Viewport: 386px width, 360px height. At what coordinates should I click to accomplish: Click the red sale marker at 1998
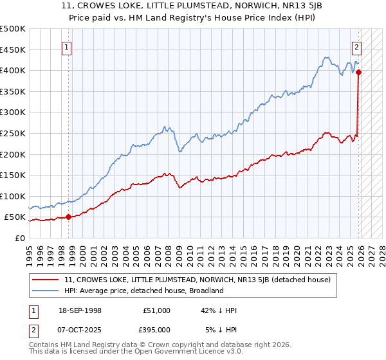(68, 217)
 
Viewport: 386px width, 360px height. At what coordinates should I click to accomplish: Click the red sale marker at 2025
(358, 72)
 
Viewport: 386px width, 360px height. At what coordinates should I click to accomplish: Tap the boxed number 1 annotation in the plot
(68, 46)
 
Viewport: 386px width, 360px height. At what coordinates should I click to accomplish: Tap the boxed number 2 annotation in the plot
(356, 46)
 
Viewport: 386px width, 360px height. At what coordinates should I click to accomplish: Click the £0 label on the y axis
(20, 238)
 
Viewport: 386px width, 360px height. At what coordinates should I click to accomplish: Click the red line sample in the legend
(46, 280)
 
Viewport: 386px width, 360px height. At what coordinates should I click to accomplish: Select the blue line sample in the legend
(46, 291)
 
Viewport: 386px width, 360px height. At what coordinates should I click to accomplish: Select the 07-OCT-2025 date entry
(78, 329)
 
